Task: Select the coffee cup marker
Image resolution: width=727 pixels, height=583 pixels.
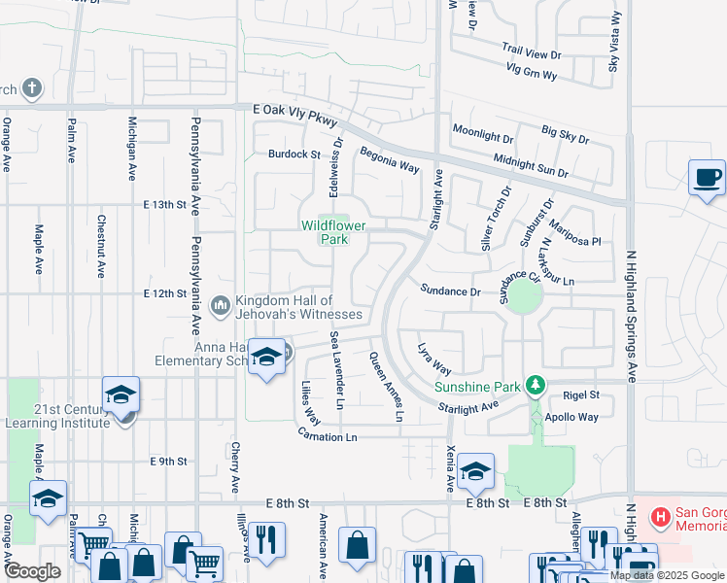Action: click(x=707, y=179)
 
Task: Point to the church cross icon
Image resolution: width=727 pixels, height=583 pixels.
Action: click(x=31, y=89)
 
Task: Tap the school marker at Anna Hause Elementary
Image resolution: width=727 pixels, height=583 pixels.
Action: click(x=265, y=357)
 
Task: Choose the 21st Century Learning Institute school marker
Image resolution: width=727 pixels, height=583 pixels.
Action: click(x=121, y=394)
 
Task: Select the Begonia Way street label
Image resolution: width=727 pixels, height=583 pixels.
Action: click(x=389, y=160)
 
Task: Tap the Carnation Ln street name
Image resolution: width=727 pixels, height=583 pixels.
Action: click(x=327, y=437)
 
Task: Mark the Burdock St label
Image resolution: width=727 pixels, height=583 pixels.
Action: click(x=294, y=154)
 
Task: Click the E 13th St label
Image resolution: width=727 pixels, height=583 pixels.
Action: click(x=163, y=205)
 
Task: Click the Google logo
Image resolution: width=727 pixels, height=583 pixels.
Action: click(x=32, y=571)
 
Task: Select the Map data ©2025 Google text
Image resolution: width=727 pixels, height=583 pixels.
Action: click(x=667, y=575)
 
